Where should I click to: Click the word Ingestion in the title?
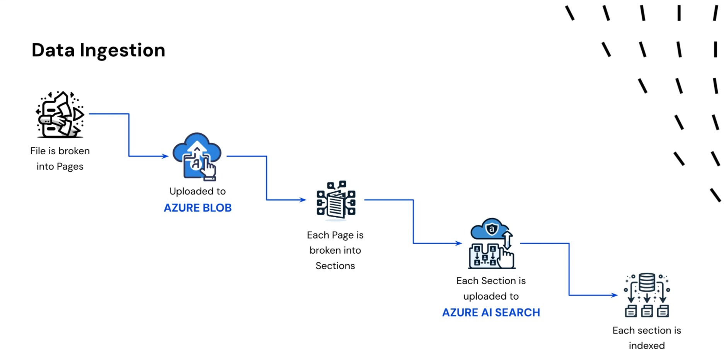click(123, 51)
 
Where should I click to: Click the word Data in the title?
click(53, 50)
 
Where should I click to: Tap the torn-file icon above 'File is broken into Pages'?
click(60, 114)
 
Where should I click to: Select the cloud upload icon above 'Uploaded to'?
click(197, 157)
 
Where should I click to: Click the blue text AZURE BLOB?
click(198, 208)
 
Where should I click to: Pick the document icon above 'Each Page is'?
click(336, 200)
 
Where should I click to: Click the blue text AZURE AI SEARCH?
click(491, 312)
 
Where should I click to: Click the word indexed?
click(647, 346)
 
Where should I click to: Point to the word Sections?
click(335, 266)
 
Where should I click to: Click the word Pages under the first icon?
click(70, 167)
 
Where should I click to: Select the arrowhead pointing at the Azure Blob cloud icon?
click(165, 156)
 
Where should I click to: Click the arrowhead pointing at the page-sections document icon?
click(303, 200)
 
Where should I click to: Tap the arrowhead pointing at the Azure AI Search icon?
click(458, 243)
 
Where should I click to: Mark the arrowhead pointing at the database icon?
click(614, 295)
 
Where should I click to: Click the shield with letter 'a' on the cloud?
click(492, 229)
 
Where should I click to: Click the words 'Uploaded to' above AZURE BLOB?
click(198, 191)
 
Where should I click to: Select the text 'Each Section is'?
click(491, 281)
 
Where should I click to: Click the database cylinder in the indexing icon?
click(647, 282)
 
